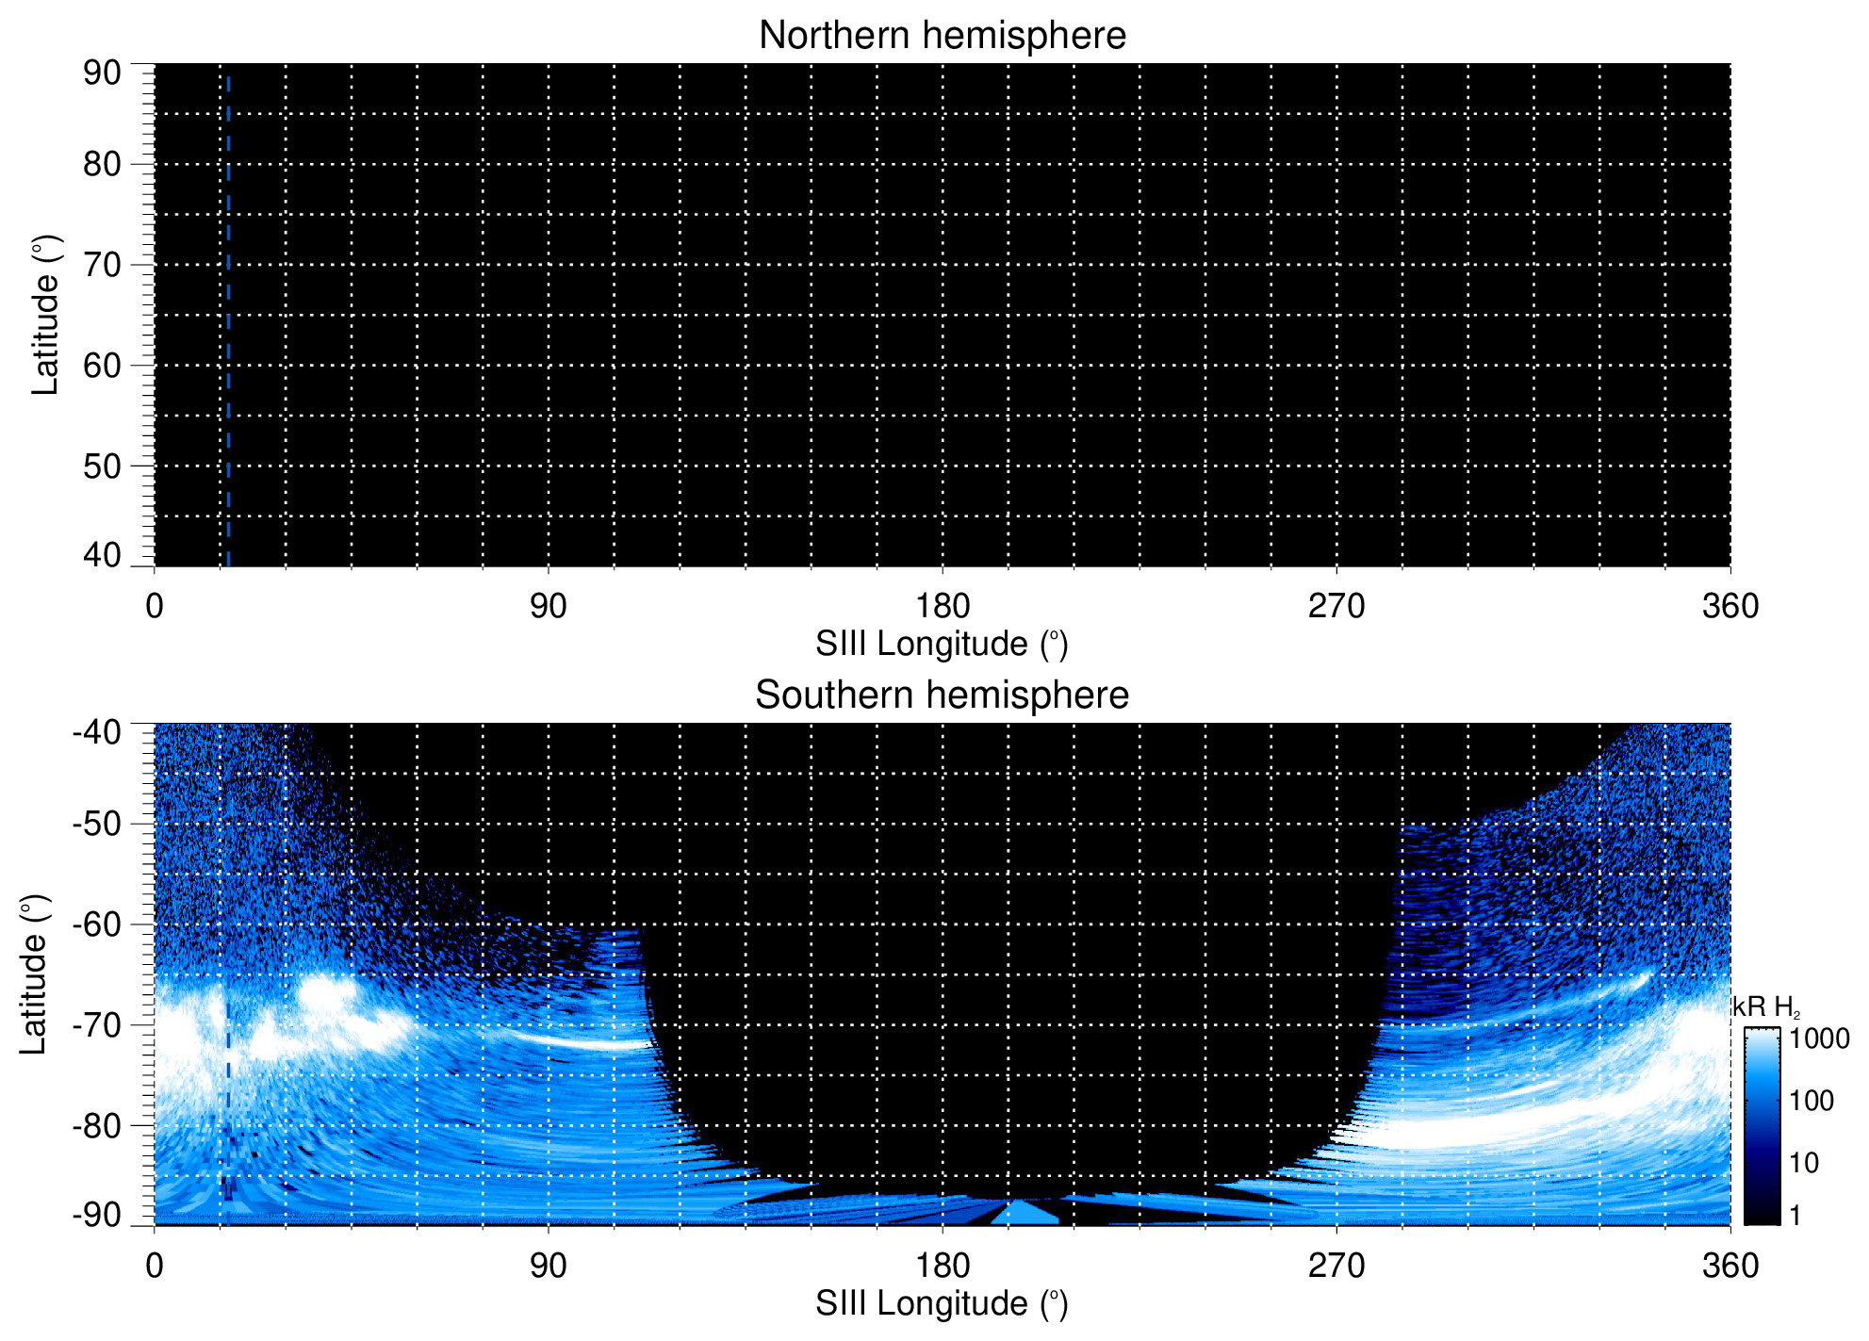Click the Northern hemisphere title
point(942,36)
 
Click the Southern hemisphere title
point(942,695)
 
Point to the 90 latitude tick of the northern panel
point(102,73)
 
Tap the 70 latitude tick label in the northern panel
point(102,265)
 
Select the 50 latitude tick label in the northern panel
point(102,466)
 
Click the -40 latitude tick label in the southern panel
point(96,732)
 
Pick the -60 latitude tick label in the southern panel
point(96,924)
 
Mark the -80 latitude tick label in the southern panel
point(96,1125)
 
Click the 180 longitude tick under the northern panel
point(943,606)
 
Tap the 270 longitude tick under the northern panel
point(1336,606)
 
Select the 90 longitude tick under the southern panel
point(548,1266)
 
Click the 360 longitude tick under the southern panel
point(1730,1266)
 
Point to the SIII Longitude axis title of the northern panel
point(942,645)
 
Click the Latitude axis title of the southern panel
point(34,974)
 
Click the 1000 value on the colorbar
point(1819,1038)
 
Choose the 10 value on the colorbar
point(1804,1163)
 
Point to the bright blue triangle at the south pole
point(1024,1213)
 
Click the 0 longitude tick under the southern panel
point(155,1266)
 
